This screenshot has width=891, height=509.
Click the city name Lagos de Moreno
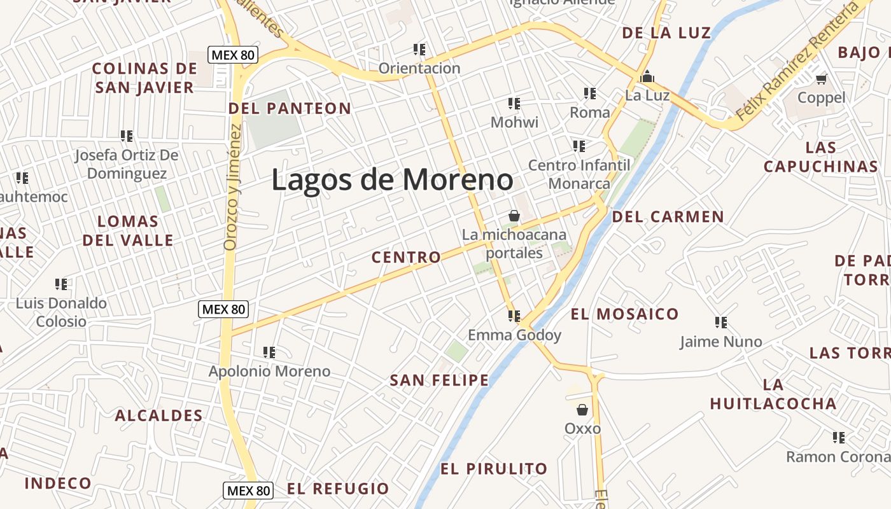(392, 180)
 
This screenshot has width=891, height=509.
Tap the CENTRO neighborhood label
(406, 257)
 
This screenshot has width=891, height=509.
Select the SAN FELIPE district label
(439, 380)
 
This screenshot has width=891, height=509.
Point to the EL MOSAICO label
(624, 314)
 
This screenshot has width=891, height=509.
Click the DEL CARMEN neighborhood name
(668, 217)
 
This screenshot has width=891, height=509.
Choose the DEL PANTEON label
(290, 108)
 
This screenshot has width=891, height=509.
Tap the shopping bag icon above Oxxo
(582, 410)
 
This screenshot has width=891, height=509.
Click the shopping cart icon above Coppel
(821, 79)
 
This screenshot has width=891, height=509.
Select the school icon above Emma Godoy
(514, 316)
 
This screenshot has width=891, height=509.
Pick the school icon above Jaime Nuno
(720, 323)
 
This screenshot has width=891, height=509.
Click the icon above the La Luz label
(647, 77)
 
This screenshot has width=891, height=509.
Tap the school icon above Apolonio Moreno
(269, 352)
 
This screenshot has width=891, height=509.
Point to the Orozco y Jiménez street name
(233, 187)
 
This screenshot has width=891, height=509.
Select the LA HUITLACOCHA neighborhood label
(773, 394)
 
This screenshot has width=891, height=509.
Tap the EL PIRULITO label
(494, 469)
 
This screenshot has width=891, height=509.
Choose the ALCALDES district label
(158, 416)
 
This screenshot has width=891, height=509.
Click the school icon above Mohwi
(514, 103)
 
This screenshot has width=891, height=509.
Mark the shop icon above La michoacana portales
(514, 216)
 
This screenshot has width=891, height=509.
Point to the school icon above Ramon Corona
(839, 438)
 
